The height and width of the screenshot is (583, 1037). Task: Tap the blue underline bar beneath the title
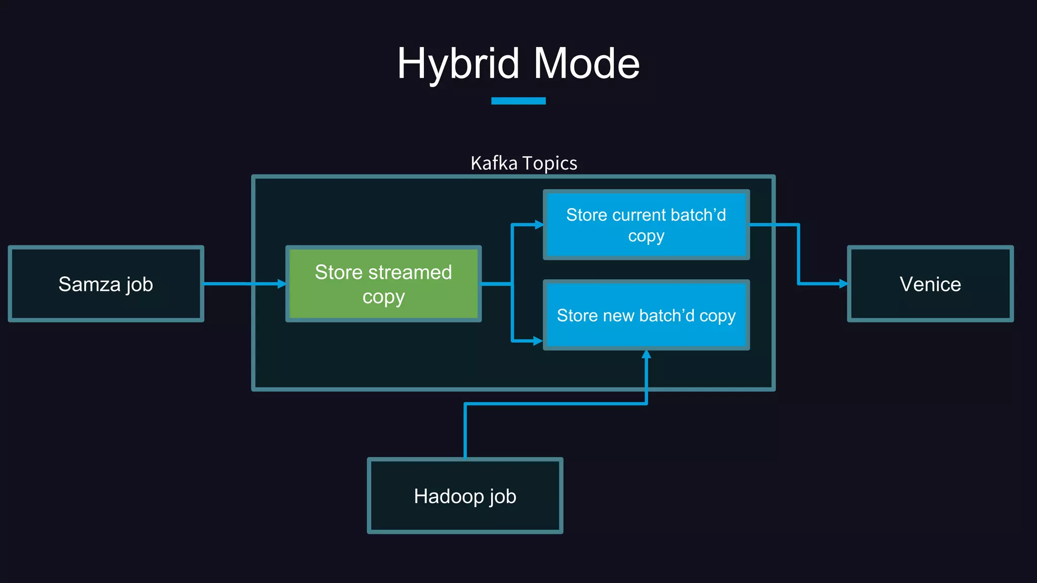click(518, 101)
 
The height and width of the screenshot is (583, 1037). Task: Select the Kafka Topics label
click(524, 163)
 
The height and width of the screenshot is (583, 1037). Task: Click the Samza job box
click(106, 283)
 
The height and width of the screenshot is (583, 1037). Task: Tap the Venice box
click(930, 284)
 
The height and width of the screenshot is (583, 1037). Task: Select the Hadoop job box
click(465, 496)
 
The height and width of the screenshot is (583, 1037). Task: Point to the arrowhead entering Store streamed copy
click(282, 284)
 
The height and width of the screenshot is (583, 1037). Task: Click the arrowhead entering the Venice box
click(844, 284)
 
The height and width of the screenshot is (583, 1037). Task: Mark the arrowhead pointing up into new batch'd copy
click(646, 354)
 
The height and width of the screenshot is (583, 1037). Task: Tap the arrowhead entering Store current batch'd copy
click(539, 224)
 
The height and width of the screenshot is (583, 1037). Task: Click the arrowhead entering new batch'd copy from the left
click(538, 341)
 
